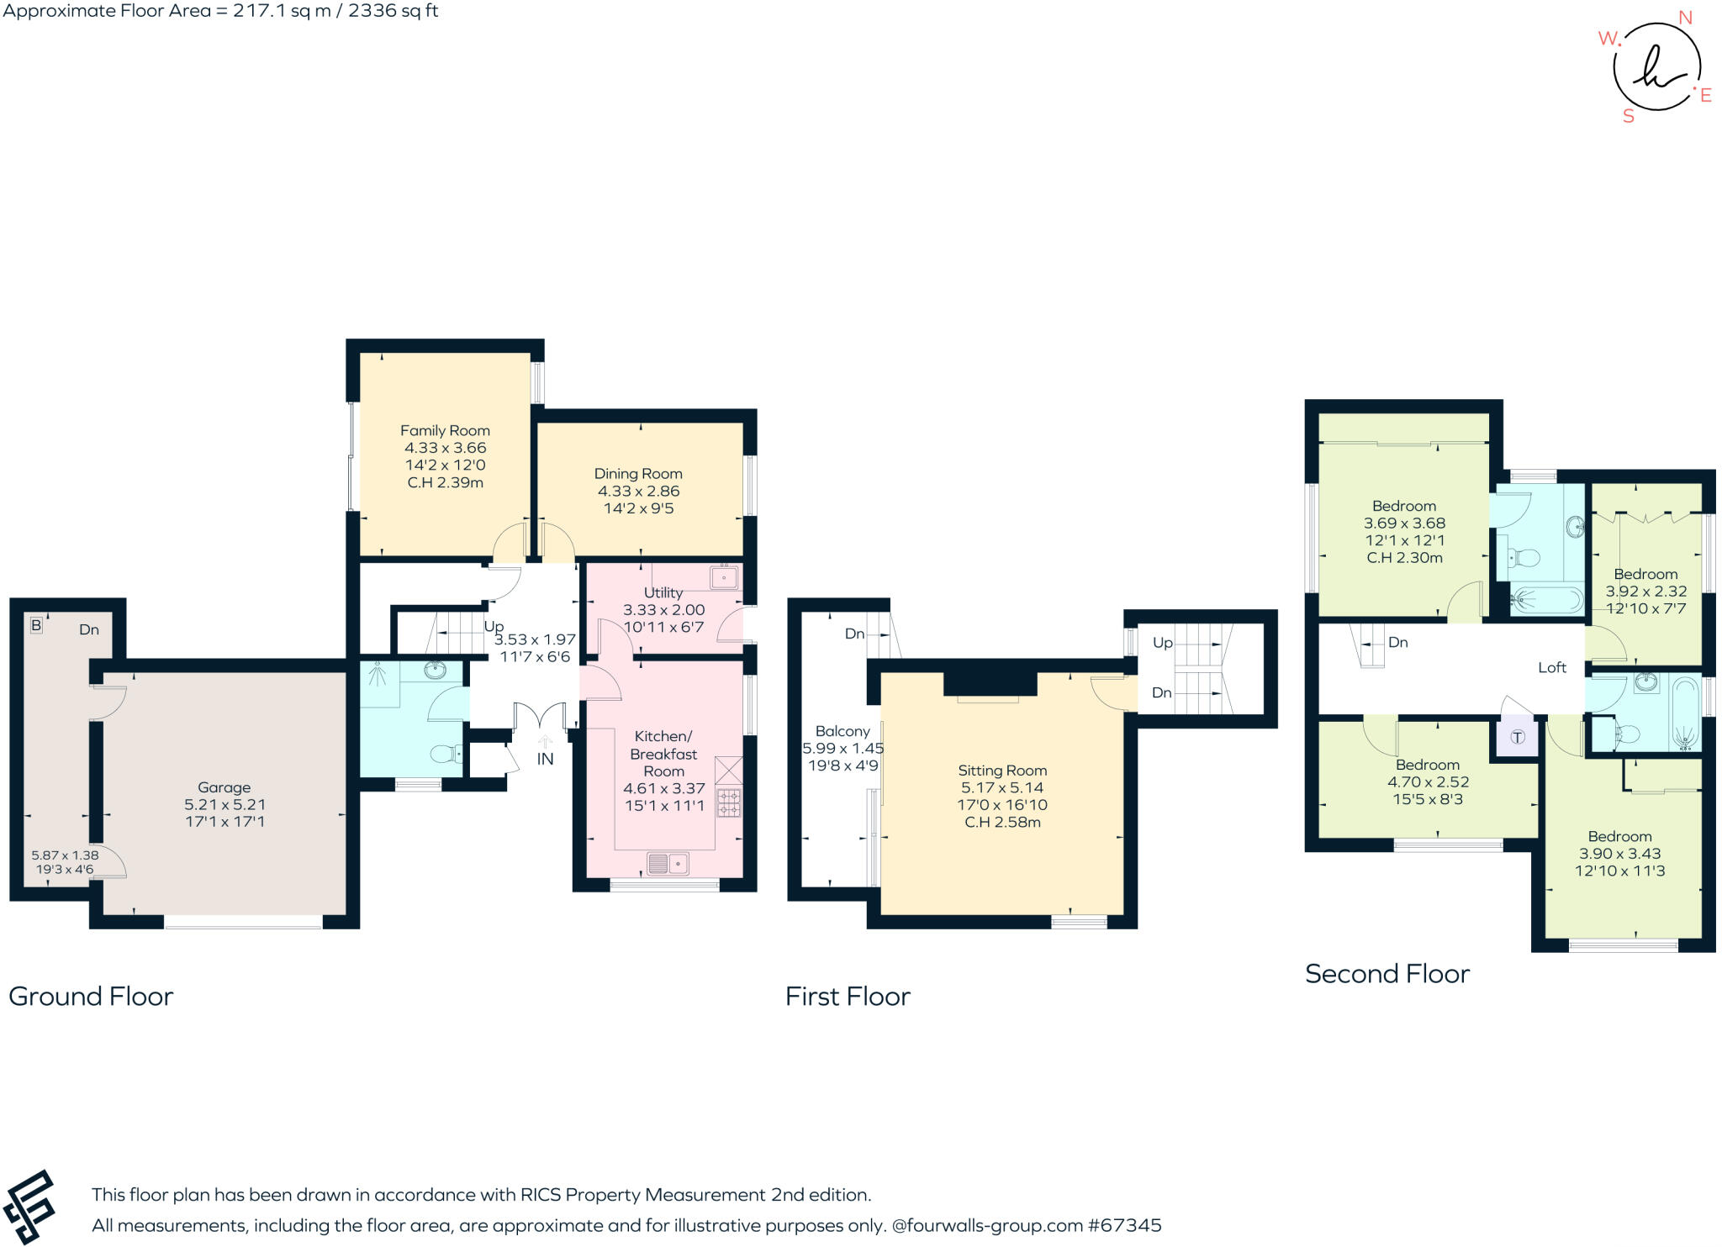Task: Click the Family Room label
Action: pos(445,430)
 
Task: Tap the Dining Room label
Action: pos(638,474)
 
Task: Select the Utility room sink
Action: pos(723,578)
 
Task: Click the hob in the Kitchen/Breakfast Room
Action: pos(728,802)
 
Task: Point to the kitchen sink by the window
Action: pos(668,863)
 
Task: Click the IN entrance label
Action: pos(545,759)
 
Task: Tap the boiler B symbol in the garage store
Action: pos(36,625)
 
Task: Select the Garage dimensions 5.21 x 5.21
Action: pos(225,805)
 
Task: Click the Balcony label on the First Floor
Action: pos(843,731)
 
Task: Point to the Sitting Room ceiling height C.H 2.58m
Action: pos(1002,822)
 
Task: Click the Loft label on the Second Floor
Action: pos(1552,667)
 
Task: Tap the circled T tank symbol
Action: pos(1518,737)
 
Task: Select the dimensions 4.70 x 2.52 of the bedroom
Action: pos(1428,781)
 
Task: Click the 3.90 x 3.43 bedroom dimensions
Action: pos(1619,853)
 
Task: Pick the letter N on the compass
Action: pos(1685,18)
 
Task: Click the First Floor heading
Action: pos(848,997)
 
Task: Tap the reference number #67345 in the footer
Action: pos(1124,1225)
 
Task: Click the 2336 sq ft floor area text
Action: pos(393,11)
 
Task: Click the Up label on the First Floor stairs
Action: pos(1163,643)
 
